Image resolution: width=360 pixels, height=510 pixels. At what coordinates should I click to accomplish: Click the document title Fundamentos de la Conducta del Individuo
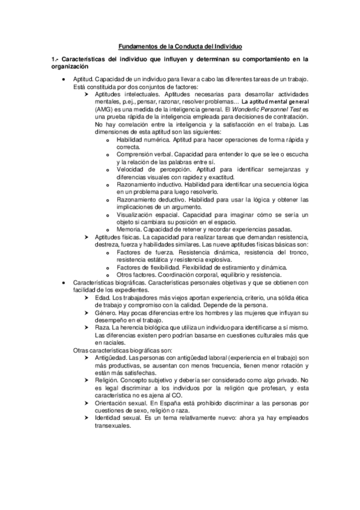[x=180, y=46]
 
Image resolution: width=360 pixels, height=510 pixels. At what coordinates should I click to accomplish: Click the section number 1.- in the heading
[x=55, y=60]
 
